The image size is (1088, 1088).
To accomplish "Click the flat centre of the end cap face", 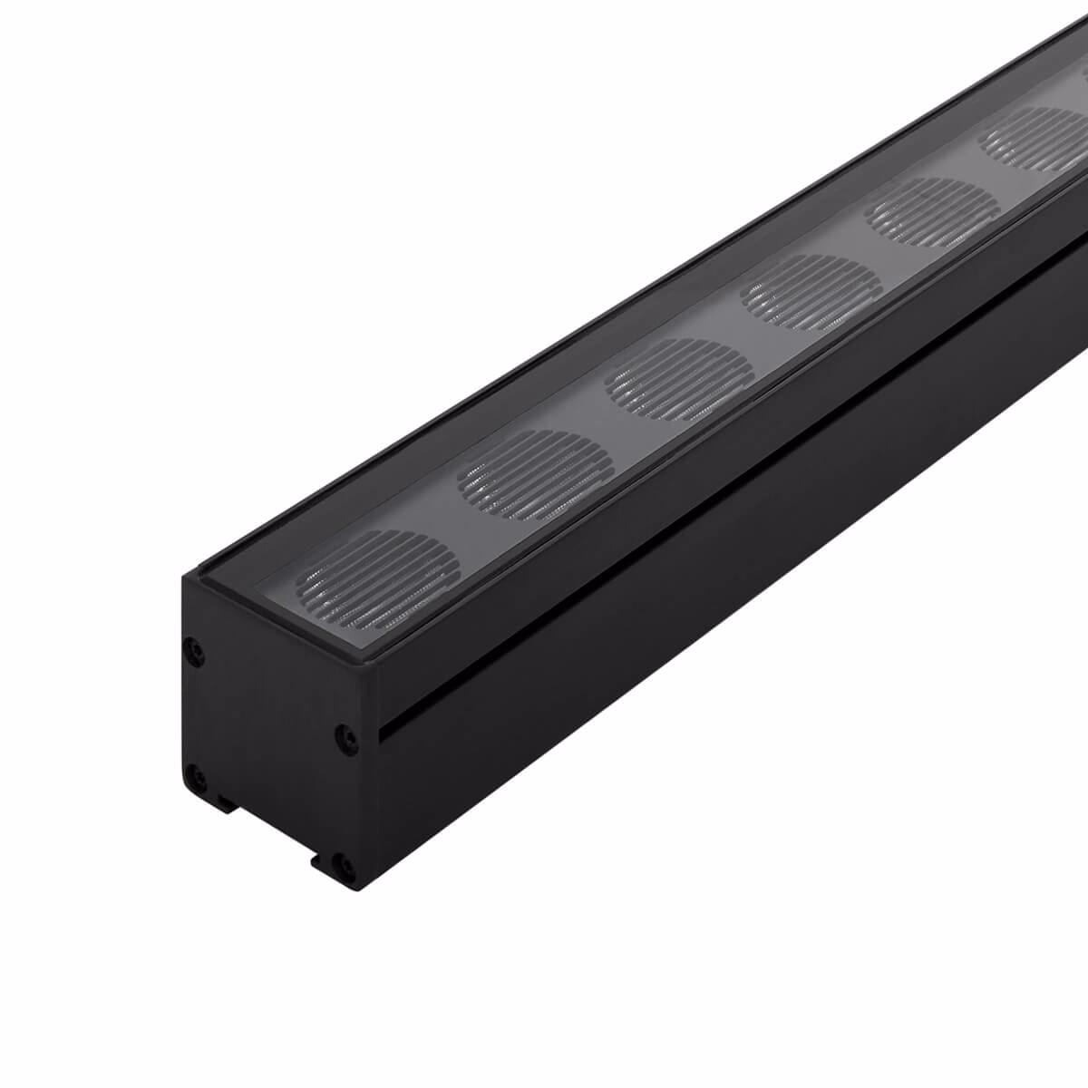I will pos(272,716).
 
